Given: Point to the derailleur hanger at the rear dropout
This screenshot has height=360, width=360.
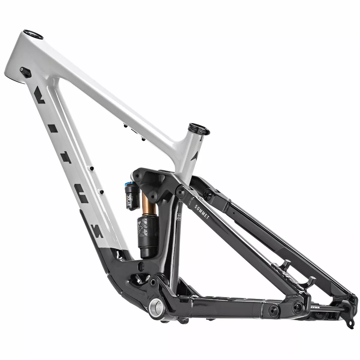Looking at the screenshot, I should pyautogui.click(x=349, y=323).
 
